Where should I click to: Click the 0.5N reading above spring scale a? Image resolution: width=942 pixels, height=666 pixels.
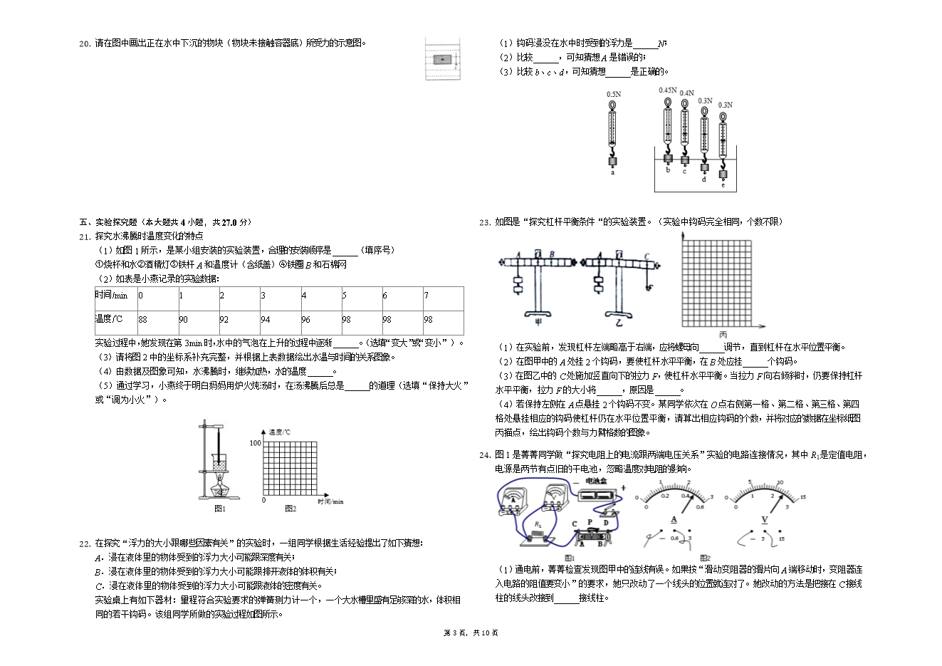pos(613,94)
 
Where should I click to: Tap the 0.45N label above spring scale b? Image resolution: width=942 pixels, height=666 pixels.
pos(667,90)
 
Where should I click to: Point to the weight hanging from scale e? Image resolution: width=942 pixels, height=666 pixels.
pos(724,175)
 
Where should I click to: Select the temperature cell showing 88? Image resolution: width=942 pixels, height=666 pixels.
pos(143,319)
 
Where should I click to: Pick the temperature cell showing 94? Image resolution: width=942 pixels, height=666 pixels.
pos(266,319)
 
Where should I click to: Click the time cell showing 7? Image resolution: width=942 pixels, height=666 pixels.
pos(426,296)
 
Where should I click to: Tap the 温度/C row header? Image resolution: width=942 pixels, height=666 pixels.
pos(109,318)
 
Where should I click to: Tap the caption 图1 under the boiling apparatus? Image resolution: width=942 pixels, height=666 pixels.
pos(220,509)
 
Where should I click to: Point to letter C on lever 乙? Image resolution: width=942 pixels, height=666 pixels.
pos(646,256)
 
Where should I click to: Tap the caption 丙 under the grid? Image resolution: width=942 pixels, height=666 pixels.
pos(723,334)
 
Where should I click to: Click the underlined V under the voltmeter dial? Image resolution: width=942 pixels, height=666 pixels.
pos(765,519)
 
